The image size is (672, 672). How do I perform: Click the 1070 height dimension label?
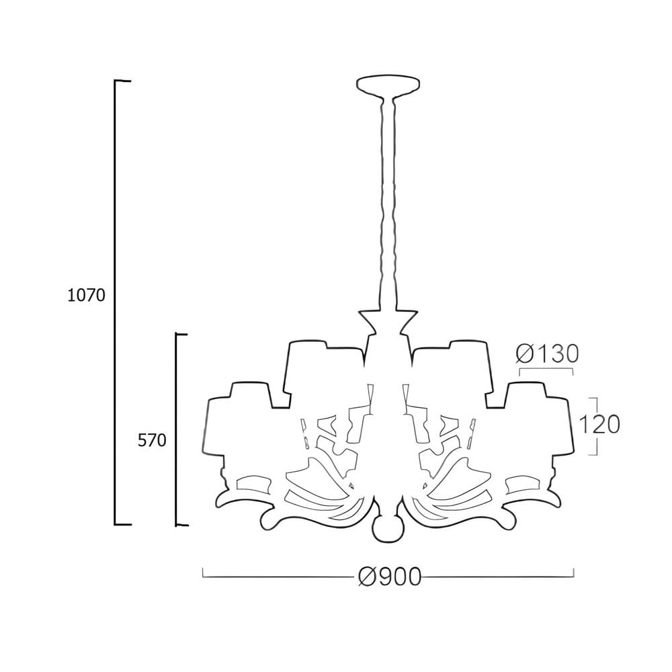pyautogui.click(x=86, y=295)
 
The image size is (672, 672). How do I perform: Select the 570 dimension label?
pyautogui.click(x=152, y=440)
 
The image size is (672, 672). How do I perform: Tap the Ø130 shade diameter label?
pyautogui.click(x=547, y=354)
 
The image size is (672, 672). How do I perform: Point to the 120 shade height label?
pyautogui.click(x=599, y=425)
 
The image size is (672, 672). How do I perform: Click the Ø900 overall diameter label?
pyautogui.click(x=390, y=577)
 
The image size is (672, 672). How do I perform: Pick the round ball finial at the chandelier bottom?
pyautogui.click(x=388, y=530)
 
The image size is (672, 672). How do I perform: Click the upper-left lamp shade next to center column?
pyautogui.click(x=327, y=368)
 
